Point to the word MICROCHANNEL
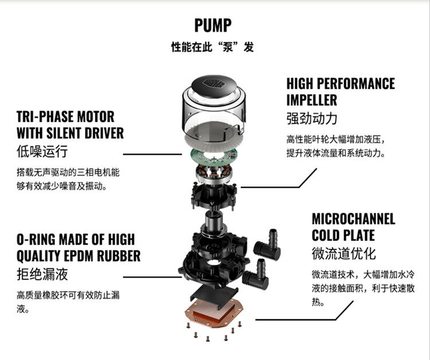tap(353, 219)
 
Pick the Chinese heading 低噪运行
tap(42, 152)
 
